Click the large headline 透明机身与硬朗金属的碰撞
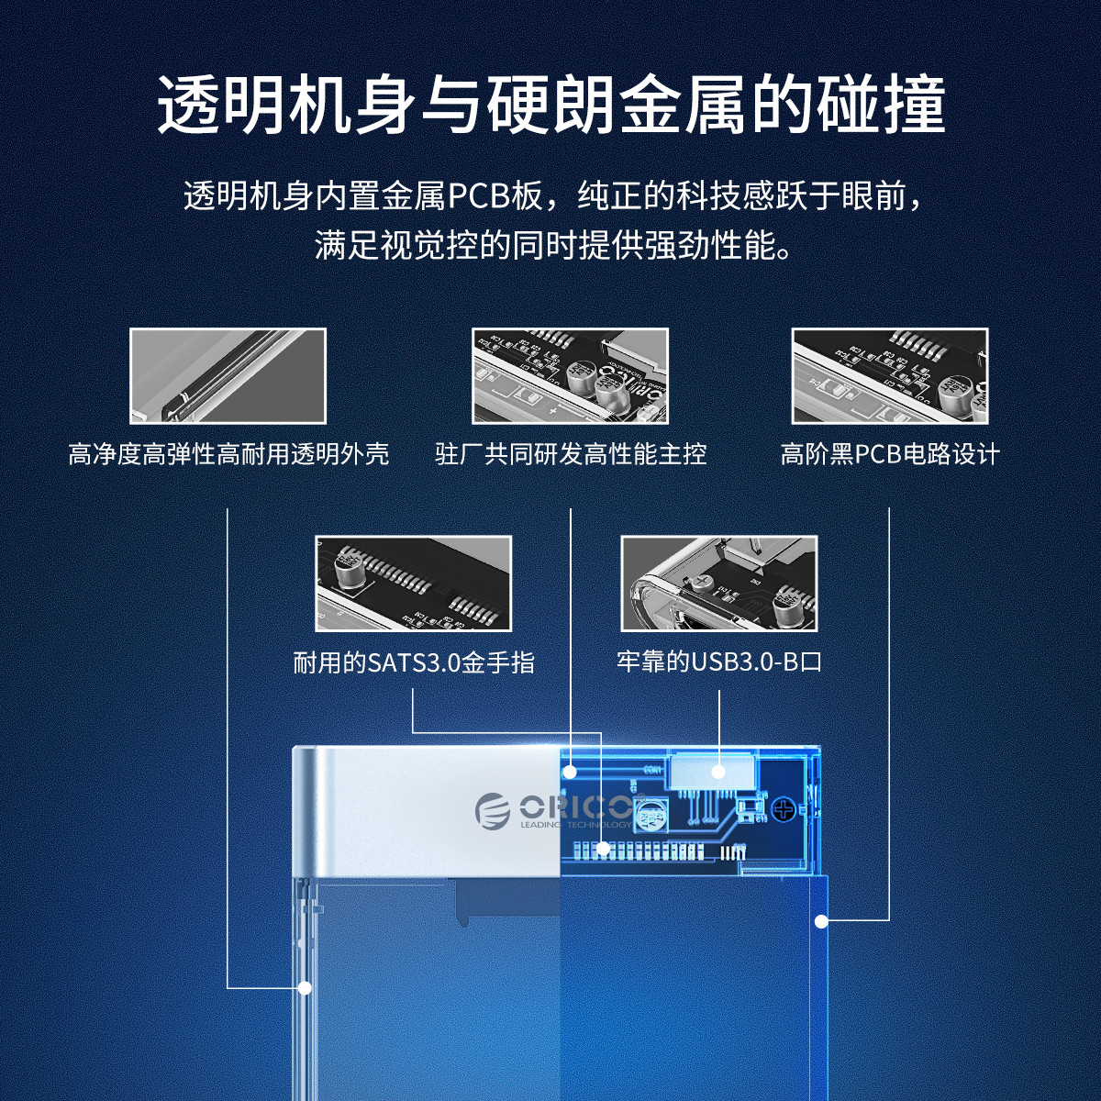[x=550, y=106]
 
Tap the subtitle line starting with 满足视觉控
[x=553, y=246]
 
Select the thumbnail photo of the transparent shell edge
[x=228, y=376]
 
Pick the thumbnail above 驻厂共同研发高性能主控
[x=570, y=376]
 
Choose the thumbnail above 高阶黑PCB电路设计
[x=890, y=376]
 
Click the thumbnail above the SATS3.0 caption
[x=413, y=584]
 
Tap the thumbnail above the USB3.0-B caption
[x=719, y=584]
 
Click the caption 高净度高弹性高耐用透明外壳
[x=228, y=455]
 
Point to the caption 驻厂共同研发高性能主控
[x=571, y=455]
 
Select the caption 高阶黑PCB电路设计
[x=890, y=455]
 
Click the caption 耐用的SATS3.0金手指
[x=414, y=662]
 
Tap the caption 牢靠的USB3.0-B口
[x=719, y=662]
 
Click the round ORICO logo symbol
[x=493, y=811]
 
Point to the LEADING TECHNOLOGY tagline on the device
[x=576, y=825]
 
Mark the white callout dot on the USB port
[x=718, y=773]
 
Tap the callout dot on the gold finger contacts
[x=603, y=849]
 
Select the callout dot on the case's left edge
[x=306, y=987]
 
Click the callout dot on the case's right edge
[x=821, y=921]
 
